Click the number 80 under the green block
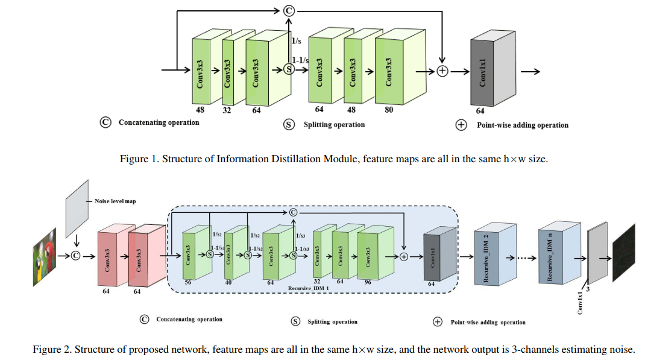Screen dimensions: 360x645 (388, 110)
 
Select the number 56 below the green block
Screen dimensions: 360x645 (189, 282)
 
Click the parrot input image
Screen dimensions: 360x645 (45, 257)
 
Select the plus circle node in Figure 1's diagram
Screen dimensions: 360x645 (442, 71)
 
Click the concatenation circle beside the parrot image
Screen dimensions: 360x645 (76, 255)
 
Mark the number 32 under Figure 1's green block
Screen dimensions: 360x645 (227, 110)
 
